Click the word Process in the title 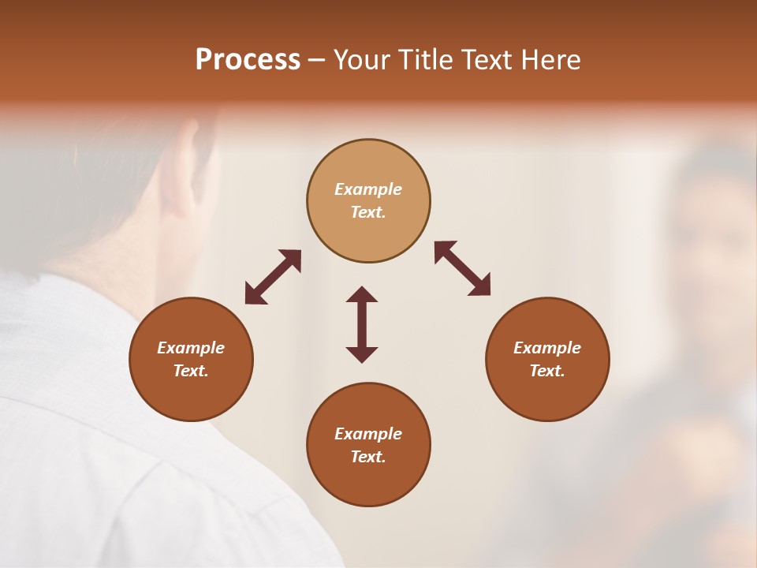coord(248,60)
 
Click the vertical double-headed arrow coord(362,324)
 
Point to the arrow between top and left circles coord(273,277)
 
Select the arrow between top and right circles coord(462,268)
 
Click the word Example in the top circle coord(368,189)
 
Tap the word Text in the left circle coord(191,371)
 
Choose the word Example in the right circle coord(547,348)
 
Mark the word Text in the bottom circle coord(368,457)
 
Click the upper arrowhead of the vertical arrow coord(362,294)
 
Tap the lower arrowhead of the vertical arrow coord(362,354)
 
